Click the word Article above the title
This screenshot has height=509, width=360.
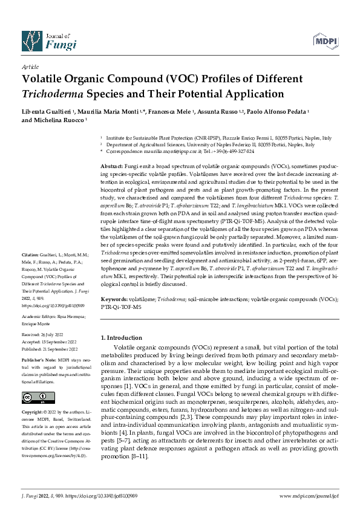(x=30, y=67)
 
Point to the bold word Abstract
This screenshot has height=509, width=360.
(x=112, y=166)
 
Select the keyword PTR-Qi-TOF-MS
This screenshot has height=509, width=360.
(x=121, y=307)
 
